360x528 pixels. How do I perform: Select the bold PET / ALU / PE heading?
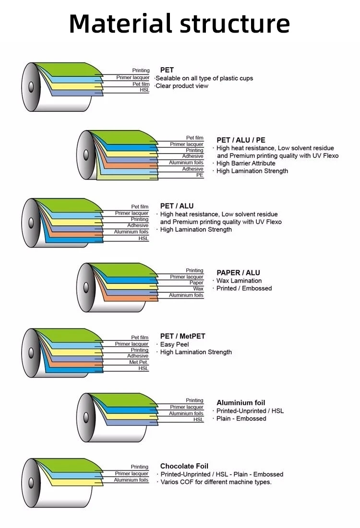(x=240, y=140)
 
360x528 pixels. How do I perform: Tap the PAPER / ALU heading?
(x=238, y=273)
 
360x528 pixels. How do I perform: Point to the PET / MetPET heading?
(x=182, y=336)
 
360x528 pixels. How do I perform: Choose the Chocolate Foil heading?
(x=184, y=466)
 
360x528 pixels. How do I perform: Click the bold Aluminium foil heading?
(x=240, y=403)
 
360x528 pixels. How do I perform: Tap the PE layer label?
(x=200, y=175)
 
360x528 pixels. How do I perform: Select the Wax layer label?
(x=198, y=289)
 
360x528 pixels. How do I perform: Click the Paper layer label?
(x=196, y=283)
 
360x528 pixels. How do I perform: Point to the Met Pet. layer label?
(x=139, y=362)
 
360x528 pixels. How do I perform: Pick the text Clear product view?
(x=182, y=86)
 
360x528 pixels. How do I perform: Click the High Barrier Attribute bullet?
(x=246, y=163)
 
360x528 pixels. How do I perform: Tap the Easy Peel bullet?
(x=174, y=344)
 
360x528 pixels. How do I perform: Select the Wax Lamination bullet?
(x=239, y=281)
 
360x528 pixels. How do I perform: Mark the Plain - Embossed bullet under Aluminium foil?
(x=241, y=419)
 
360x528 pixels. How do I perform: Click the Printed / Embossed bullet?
(x=244, y=288)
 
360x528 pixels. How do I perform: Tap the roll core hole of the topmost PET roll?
(x=31, y=87)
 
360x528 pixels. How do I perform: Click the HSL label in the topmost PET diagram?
(x=144, y=90)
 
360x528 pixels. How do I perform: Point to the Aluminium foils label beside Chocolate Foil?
(x=131, y=480)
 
